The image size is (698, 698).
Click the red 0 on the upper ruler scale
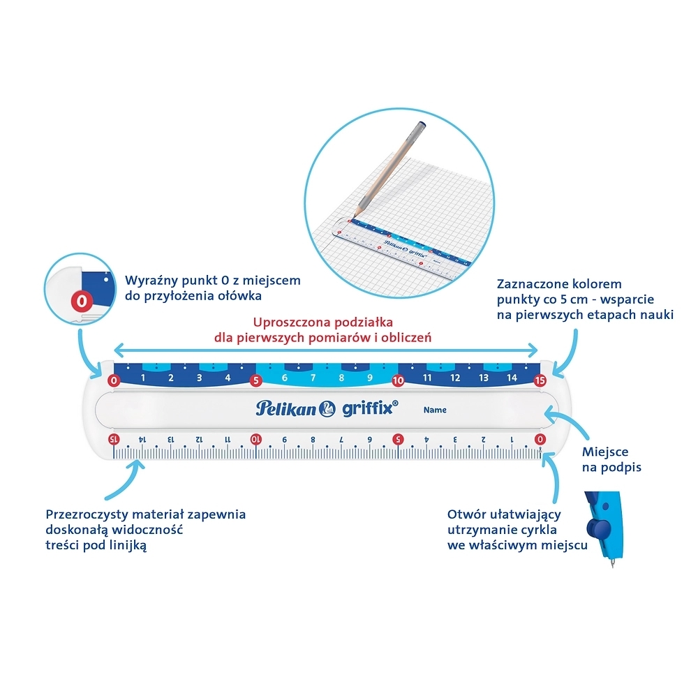tap(114, 380)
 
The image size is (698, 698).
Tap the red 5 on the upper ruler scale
tap(255, 380)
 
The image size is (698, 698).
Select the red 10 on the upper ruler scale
tap(398, 380)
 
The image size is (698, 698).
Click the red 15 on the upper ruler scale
tap(540, 380)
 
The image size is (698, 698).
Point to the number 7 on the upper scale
tap(313, 378)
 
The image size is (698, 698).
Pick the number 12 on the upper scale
tap(455, 378)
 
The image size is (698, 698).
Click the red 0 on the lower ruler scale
tap(540, 439)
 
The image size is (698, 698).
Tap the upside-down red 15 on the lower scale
tap(114, 439)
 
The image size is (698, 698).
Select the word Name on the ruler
tap(435, 410)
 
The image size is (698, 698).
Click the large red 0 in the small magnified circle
tap(82, 302)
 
